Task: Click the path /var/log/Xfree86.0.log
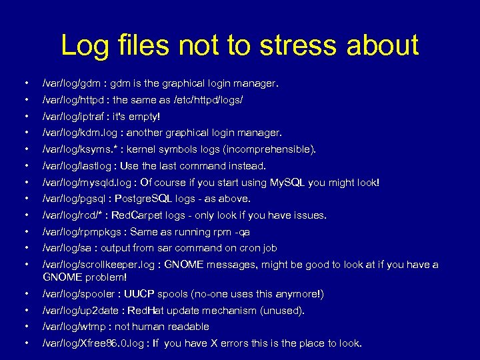tap(93, 343)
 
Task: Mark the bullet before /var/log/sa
tap(25, 248)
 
